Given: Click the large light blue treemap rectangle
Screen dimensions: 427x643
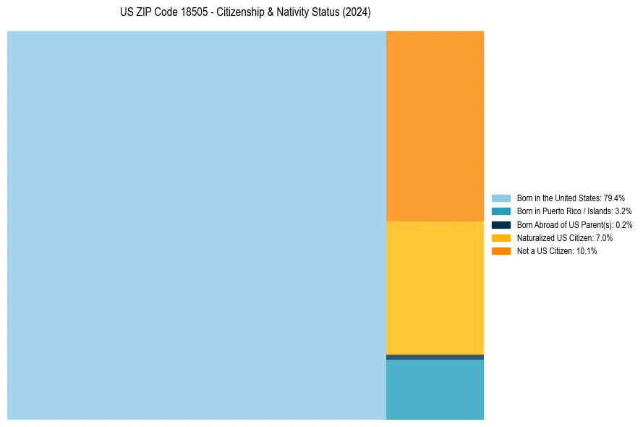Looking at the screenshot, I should tap(196, 225).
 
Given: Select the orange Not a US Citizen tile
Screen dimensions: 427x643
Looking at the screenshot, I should tap(435, 126).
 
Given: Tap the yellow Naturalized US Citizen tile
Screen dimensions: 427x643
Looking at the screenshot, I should tap(435, 287).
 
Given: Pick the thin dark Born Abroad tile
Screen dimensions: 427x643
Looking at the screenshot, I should tap(435, 357).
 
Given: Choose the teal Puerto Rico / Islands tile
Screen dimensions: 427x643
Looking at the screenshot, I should tap(435, 389).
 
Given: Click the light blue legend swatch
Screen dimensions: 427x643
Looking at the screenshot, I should tap(501, 198).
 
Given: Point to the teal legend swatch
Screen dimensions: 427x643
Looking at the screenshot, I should tap(501, 211).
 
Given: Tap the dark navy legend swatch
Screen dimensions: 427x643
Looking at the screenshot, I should tap(501, 224).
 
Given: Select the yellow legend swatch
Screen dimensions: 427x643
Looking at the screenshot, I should tap(501, 237).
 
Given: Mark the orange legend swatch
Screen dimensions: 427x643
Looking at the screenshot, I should tap(501, 251).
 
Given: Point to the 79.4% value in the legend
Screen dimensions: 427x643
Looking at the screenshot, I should tap(615, 198).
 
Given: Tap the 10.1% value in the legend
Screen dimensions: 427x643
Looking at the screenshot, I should tap(587, 251).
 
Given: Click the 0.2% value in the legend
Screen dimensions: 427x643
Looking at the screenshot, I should tap(623, 225).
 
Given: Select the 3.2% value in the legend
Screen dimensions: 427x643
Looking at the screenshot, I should tap(623, 211).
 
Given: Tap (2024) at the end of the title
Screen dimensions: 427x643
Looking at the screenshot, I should tap(357, 13).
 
